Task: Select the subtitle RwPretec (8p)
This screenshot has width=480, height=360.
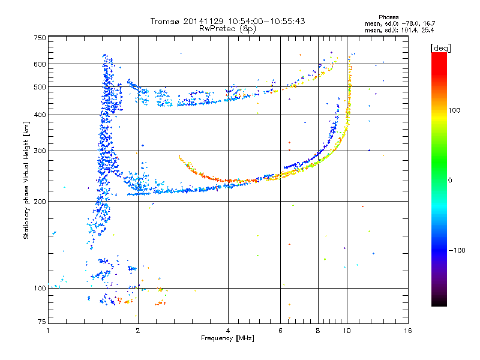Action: (x=227, y=29)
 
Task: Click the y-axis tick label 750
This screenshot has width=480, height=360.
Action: (x=40, y=38)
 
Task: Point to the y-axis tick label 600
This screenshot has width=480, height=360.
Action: (x=40, y=64)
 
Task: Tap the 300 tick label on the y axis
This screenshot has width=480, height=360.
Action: (x=40, y=151)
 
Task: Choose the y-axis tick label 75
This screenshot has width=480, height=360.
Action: (x=42, y=322)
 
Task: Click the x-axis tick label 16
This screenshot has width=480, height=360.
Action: (x=408, y=331)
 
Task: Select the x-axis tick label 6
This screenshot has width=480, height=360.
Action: (x=280, y=331)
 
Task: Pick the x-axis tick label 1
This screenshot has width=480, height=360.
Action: (x=48, y=331)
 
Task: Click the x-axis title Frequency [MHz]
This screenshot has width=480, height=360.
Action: (x=227, y=338)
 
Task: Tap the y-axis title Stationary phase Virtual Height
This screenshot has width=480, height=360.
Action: (x=26, y=181)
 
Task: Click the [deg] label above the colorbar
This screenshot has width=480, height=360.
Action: (x=440, y=48)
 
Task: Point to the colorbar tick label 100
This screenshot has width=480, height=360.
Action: (x=454, y=110)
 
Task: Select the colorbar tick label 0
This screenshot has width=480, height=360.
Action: (x=450, y=181)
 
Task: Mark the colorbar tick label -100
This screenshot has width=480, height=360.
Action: (x=457, y=250)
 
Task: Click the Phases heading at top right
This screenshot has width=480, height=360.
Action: (x=388, y=17)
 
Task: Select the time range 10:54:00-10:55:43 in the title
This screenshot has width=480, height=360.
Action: (x=266, y=21)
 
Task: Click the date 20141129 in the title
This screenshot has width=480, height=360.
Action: (x=203, y=21)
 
